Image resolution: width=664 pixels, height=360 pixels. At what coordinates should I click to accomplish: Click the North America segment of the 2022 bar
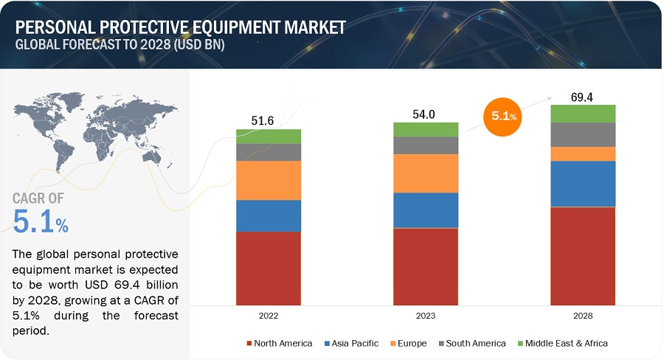pos(269,268)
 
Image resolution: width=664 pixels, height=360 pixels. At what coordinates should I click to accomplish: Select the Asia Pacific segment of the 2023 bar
pos(426,210)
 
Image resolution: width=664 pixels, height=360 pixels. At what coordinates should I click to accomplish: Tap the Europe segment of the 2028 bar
pos(583,153)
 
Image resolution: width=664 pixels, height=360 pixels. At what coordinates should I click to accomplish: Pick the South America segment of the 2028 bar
pos(583,134)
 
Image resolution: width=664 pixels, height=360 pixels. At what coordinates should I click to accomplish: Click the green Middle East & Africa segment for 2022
pos(269,136)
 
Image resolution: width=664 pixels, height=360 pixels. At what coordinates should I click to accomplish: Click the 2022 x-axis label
pos(269,315)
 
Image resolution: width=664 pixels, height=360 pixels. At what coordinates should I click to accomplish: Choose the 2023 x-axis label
pos(426,315)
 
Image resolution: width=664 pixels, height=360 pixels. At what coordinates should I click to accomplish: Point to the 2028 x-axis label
pos(583,315)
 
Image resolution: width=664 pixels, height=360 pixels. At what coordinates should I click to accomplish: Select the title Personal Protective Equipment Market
pos(180,27)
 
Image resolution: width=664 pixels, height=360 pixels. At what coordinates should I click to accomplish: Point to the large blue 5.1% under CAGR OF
pos(41,221)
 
